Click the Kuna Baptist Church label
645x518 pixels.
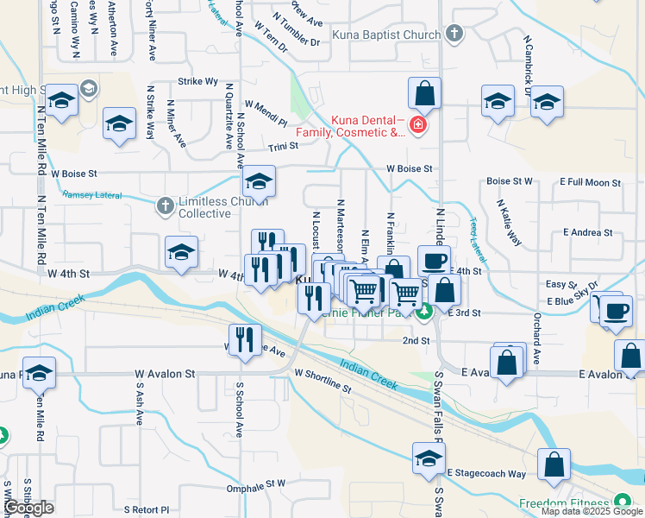[395, 35]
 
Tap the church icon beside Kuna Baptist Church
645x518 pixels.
[455, 35]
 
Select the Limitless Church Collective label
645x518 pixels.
[217, 207]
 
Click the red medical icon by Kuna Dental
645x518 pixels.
[418, 126]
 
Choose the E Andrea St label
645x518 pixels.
[587, 232]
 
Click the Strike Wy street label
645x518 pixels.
[197, 81]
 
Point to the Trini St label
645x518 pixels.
[283, 147]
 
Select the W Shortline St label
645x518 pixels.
[323, 382]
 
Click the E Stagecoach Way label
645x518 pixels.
[486, 473]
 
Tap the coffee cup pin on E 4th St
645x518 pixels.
[434, 260]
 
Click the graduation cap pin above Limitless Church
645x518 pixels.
[258, 181]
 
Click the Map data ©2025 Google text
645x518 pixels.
[592, 511]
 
